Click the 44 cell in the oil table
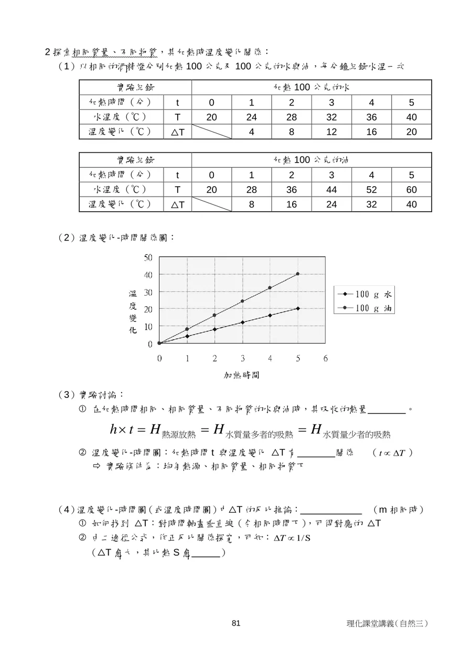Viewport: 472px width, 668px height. click(x=331, y=190)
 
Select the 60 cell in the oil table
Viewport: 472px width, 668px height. click(x=412, y=190)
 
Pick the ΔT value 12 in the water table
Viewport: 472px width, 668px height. click(x=331, y=132)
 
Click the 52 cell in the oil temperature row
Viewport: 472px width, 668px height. click(x=371, y=190)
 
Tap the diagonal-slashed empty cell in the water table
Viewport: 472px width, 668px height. click(x=211, y=132)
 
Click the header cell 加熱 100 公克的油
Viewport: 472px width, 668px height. click(x=312, y=160)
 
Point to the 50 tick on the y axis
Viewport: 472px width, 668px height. click(x=148, y=257)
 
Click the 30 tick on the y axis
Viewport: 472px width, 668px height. click(x=148, y=292)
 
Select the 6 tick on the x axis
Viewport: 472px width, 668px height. click(x=326, y=359)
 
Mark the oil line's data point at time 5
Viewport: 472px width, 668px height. click(x=298, y=274)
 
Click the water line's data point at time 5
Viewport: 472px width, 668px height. click(x=298, y=308)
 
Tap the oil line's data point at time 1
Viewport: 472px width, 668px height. click(x=187, y=329)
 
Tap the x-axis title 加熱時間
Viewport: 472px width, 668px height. click(x=242, y=375)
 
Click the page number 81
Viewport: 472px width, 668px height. click(x=235, y=623)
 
